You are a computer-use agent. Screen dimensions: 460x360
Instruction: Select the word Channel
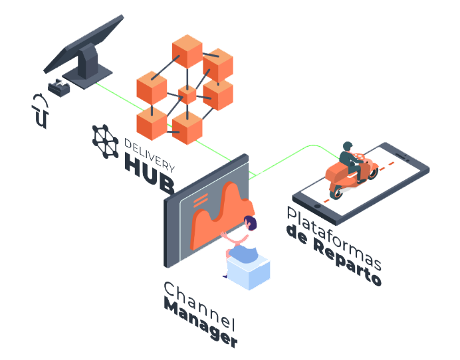click(x=199, y=306)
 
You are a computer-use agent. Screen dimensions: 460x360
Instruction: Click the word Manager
click(x=201, y=323)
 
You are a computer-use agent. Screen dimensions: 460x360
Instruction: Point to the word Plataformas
click(x=334, y=238)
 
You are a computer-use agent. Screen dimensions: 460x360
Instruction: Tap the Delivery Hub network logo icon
click(x=106, y=141)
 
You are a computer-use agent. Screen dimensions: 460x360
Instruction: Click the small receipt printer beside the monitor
click(x=59, y=88)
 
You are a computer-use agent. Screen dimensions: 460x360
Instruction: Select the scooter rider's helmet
click(x=348, y=146)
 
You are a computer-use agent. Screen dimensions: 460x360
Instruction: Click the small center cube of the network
click(x=187, y=95)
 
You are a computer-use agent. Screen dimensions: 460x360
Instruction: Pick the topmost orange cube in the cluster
click(x=187, y=51)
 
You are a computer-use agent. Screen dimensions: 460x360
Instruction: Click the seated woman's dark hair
click(x=251, y=223)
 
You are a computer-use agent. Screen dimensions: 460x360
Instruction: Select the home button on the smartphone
click(x=317, y=207)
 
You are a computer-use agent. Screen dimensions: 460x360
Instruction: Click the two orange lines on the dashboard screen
click(x=201, y=200)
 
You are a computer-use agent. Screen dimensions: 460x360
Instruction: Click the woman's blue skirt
click(x=243, y=253)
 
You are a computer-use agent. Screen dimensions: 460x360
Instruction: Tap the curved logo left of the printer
click(x=41, y=111)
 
